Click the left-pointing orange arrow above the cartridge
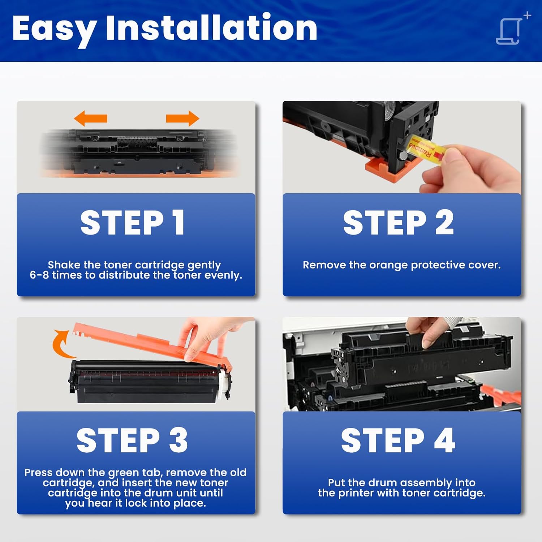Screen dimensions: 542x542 pyautogui.click(x=90, y=118)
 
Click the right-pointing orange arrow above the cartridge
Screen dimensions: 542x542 pyautogui.click(x=182, y=118)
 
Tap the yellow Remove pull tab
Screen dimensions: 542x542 pyautogui.click(x=426, y=149)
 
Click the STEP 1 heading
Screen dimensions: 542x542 pyautogui.click(x=133, y=223)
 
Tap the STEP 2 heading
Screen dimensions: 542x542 pyautogui.click(x=398, y=223)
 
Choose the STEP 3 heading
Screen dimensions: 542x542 pyautogui.click(x=132, y=440)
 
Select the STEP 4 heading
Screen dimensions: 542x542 pyautogui.click(x=398, y=440)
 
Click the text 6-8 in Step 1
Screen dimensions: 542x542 pyautogui.click(x=39, y=275)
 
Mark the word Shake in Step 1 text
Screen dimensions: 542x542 pyautogui.click(x=64, y=265)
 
